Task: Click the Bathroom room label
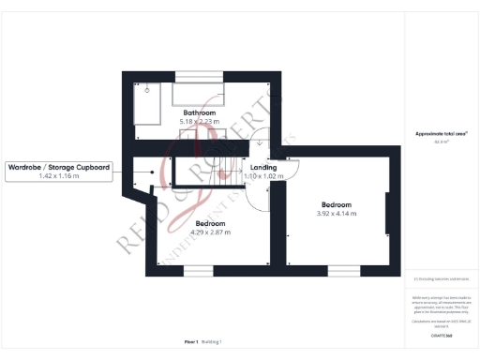point(200,112)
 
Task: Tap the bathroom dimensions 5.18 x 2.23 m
point(200,122)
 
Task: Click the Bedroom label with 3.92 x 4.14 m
point(336,204)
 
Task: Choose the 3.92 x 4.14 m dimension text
point(336,214)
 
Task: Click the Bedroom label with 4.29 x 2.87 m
point(210,223)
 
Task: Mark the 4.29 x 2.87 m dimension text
point(210,232)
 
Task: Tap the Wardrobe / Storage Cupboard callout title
point(59,167)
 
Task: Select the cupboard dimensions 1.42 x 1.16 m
point(59,176)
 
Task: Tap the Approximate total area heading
point(442,134)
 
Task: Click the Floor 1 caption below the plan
point(191,343)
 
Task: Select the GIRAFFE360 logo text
point(442,334)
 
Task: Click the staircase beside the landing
point(208,172)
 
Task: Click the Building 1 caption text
point(213,343)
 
